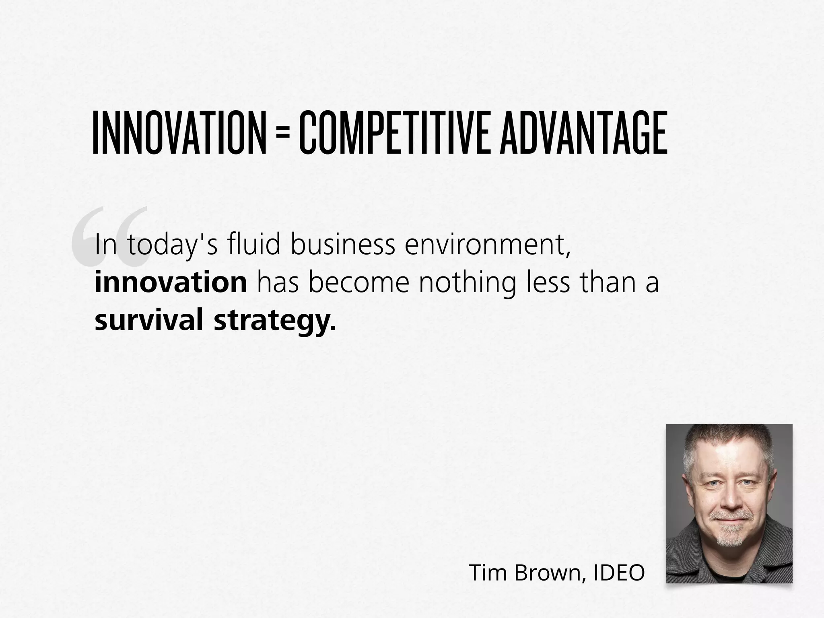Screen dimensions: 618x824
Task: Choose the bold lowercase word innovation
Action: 171,282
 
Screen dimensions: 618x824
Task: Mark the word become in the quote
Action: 359,282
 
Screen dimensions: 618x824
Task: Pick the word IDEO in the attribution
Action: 619,572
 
